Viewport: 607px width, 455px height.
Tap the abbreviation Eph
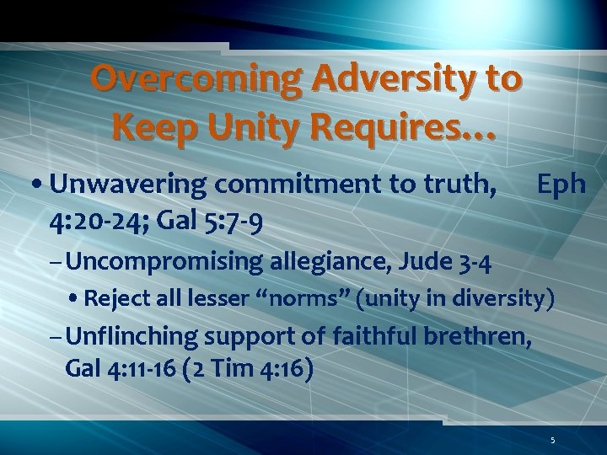click(561, 185)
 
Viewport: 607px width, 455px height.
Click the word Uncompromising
click(164, 261)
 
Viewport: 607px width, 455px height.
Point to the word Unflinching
click(143, 337)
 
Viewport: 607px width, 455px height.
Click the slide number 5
click(552, 440)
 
